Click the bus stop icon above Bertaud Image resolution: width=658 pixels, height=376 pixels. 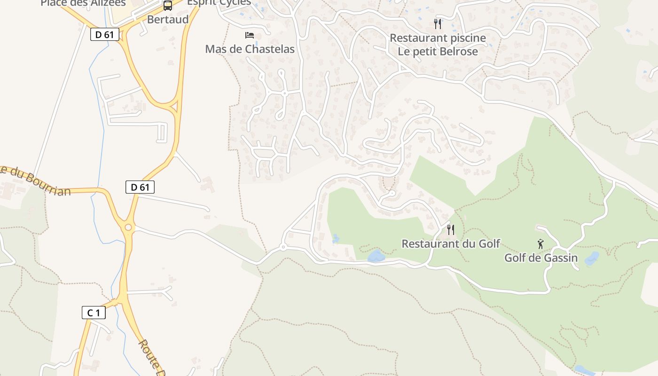click(168, 6)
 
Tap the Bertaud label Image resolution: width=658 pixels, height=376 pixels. click(168, 19)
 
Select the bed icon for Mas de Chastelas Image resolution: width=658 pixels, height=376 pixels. click(250, 35)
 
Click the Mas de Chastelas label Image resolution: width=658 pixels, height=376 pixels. click(250, 49)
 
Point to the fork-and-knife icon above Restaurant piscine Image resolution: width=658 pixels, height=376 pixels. click(438, 23)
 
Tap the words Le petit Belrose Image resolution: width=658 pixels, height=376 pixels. click(438, 51)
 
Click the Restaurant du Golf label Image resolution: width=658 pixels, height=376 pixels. click(450, 243)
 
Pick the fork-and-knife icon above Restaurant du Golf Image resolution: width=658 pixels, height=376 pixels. click(450, 230)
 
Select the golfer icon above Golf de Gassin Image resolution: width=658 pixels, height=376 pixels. click(540, 244)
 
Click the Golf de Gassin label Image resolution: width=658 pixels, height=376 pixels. click(540, 258)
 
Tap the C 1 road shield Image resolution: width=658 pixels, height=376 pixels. click(94, 313)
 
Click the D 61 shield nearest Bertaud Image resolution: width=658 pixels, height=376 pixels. click(105, 34)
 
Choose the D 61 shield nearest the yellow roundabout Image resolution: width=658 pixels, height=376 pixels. click(140, 187)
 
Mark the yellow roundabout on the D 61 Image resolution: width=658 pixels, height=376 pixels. click(128, 227)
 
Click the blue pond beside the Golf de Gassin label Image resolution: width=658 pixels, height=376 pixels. click(592, 258)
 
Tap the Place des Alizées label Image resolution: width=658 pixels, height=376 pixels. click(83, 3)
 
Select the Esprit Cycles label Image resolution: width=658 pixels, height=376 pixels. click(219, 2)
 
